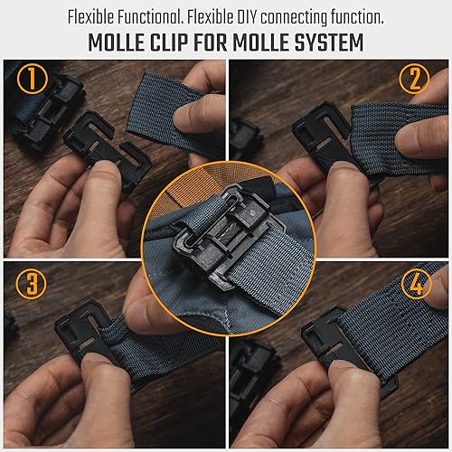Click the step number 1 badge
(32, 80)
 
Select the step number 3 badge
(33, 284)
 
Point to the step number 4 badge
(418, 282)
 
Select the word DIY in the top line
(242, 15)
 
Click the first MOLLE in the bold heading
(118, 42)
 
